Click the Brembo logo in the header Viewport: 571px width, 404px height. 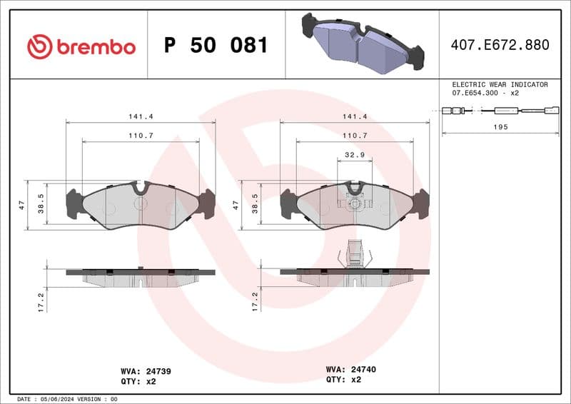81,47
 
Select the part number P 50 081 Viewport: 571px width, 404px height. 216,46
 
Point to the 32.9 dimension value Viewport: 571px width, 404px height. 354,153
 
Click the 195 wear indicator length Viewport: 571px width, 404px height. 501,127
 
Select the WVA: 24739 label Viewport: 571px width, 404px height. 146,371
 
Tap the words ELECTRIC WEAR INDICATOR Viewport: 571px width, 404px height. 500,84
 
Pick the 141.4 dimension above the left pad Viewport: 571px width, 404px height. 141,116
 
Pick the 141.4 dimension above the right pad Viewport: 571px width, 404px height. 355,116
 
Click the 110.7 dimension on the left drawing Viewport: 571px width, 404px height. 141,135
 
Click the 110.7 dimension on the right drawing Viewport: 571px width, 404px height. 355,135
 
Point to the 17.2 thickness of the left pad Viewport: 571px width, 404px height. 41,301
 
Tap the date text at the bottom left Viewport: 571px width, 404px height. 66,399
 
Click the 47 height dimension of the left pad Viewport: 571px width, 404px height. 22,205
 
